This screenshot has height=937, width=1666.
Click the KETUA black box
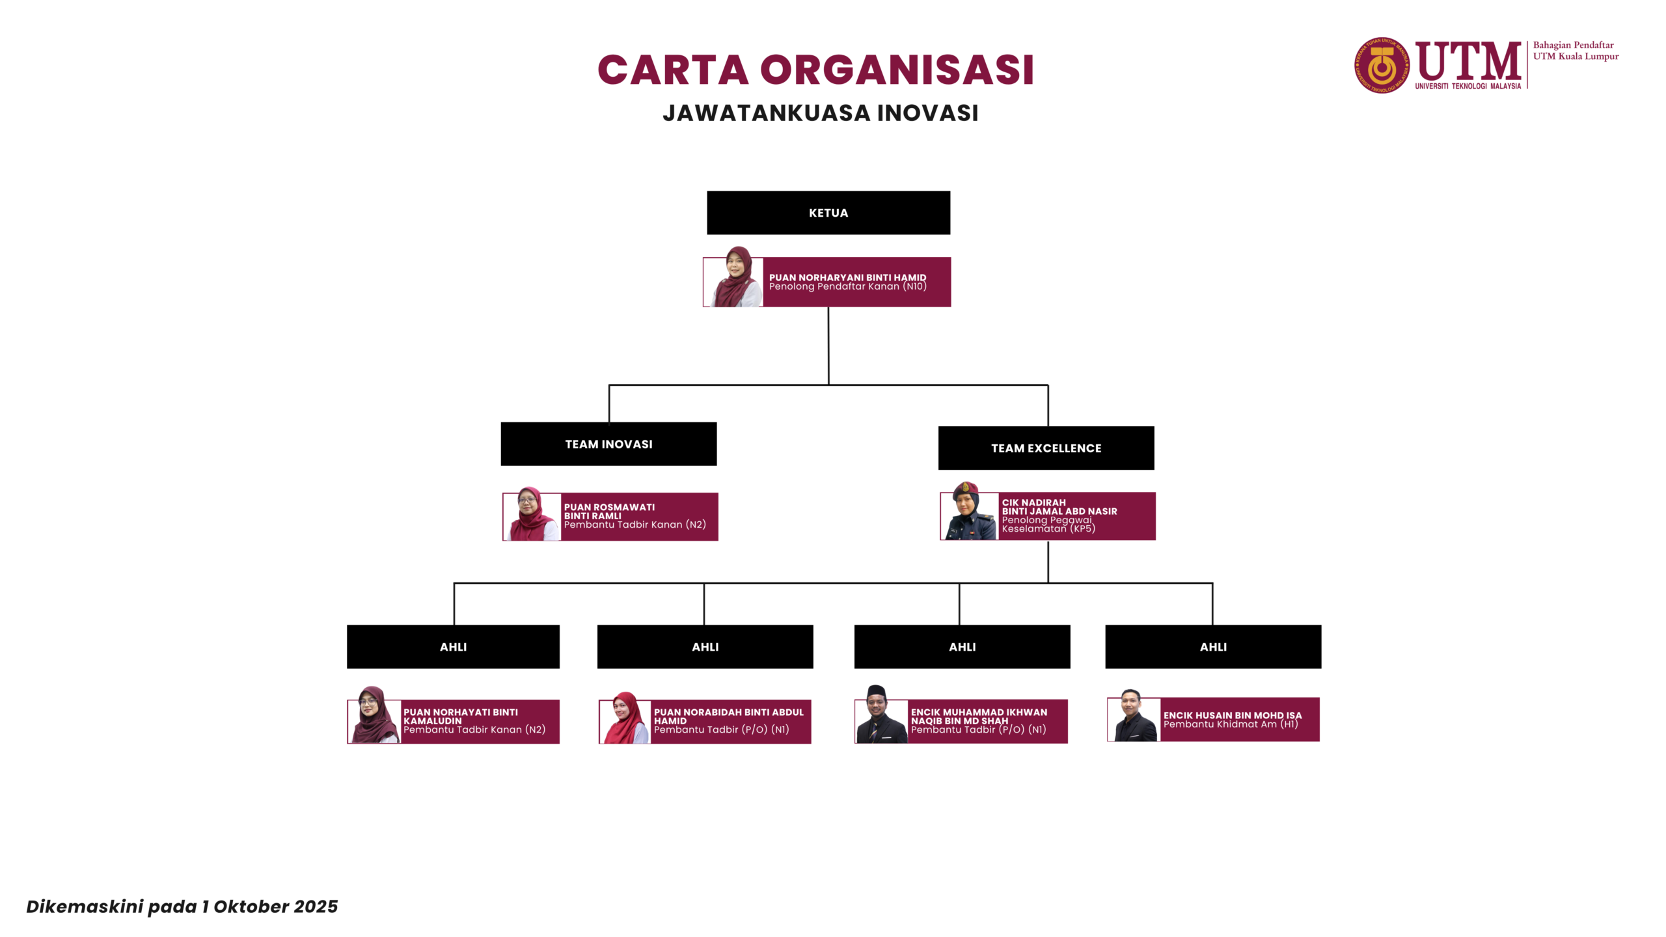(x=828, y=213)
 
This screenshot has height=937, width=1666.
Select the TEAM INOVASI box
(x=608, y=444)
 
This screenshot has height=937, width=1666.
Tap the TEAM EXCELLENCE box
(x=1046, y=448)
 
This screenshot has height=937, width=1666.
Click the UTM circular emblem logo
(x=1382, y=65)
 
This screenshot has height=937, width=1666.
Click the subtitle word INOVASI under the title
(x=927, y=113)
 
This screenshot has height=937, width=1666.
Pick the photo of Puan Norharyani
(x=735, y=278)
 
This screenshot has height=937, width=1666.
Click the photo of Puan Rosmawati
(x=532, y=515)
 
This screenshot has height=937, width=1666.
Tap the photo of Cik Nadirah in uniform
(x=969, y=512)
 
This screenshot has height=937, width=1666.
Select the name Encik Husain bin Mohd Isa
(x=1232, y=715)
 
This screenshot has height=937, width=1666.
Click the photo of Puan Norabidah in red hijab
(x=625, y=718)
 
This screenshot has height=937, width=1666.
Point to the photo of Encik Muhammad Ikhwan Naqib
(x=880, y=715)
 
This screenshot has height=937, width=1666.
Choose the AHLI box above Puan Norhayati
(x=453, y=647)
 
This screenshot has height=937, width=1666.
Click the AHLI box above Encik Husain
(x=1213, y=647)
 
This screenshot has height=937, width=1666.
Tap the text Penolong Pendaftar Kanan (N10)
(x=847, y=287)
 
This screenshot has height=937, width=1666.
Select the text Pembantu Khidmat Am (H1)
(x=1230, y=724)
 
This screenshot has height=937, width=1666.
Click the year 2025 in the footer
(x=316, y=906)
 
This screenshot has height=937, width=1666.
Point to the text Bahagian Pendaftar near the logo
(x=1573, y=45)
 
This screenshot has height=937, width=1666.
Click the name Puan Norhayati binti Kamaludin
(x=460, y=716)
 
